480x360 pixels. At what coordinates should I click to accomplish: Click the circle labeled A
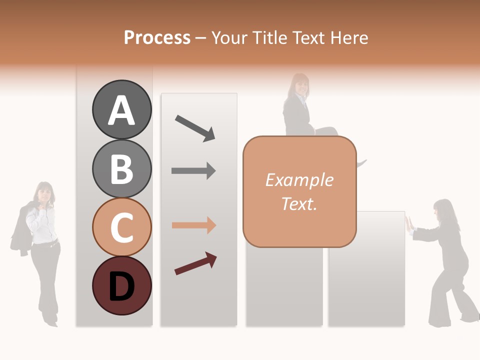pos(121,109)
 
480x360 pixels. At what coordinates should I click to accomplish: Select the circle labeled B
pos(121,168)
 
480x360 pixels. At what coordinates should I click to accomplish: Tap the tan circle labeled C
pos(121,227)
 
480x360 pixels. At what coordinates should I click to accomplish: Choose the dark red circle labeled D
pos(121,285)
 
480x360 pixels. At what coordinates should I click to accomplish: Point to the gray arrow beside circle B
pos(193,171)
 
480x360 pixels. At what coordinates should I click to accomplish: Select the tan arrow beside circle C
pos(193,225)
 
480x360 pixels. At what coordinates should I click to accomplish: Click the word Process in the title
pos(157,37)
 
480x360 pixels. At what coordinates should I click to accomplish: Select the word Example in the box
pos(299,180)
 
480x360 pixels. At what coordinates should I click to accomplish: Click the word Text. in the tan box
pos(299,204)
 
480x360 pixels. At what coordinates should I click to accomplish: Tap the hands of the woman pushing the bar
pos(408,224)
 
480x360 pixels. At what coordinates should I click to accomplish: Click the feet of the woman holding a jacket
pos(50,320)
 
